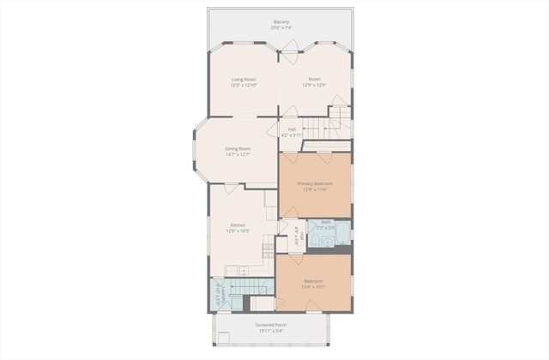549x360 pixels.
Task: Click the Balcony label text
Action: pyautogui.click(x=281, y=21)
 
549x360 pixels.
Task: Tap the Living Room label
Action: pyautogui.click(x=244, y=79)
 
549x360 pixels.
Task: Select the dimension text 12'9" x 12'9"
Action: pyautogui.click(x=315, y=85)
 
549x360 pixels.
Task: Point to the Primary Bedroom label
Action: pyautogui.click(x=315, y=183)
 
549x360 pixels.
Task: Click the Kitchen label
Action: pyautogui.click(x=238, y=225)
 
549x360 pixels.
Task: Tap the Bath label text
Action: pyautogui.click(x=326, y=222)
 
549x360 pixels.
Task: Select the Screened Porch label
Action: pyautogui.click(x=271, y=326)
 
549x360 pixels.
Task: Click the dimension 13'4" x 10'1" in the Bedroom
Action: pyautogui.click(x=315, y=287)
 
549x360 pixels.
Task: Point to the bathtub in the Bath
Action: pyautogui.click(x=343, y=232)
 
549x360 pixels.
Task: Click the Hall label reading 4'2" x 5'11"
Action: pyautogui.click(x=293, y=132)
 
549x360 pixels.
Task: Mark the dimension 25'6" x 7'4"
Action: pyautogui.click(x=281, y=27)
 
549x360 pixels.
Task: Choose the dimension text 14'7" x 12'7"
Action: pyautogui.click(x=238, y=154)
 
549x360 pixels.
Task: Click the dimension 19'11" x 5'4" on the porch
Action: pyautogui.click(x=271, y=332)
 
